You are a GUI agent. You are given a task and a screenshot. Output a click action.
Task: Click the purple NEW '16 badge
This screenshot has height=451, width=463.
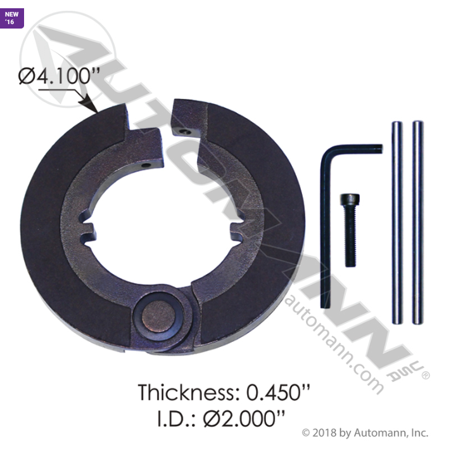(11, 18)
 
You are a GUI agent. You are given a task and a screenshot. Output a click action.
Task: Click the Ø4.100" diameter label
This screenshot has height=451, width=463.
(59, 76)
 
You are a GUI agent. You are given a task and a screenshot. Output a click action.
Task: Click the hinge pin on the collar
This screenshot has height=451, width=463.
(158, 315)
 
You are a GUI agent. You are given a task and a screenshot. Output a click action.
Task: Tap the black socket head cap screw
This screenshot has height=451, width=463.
(350, 230)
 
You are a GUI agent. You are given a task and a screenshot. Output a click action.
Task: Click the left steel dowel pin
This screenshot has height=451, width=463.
(397, 223)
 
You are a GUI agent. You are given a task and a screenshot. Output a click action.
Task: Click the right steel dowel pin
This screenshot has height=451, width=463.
(418, 223)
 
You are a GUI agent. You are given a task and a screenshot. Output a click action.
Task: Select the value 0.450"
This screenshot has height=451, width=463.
(278, 393)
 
